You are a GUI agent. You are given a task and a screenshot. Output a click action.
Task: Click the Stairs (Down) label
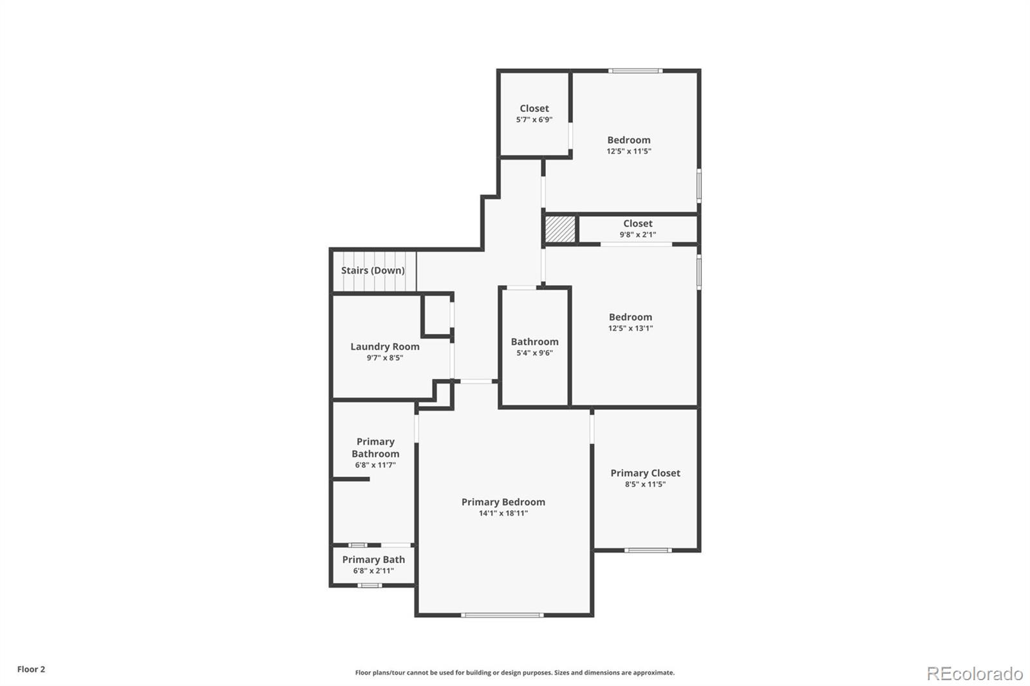click(373, 270)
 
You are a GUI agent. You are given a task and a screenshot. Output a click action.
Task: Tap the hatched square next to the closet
click(560, 229)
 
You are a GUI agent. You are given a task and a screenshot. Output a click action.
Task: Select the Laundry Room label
click(384, 346)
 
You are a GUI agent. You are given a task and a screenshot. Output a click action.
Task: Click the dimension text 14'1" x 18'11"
click(503, 514)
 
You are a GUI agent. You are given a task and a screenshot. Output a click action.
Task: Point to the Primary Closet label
click(645, 473)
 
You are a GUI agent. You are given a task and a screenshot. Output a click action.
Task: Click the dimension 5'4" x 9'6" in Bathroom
click(534, 353)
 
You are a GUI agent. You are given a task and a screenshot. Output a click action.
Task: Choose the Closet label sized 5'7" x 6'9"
click(534, 108)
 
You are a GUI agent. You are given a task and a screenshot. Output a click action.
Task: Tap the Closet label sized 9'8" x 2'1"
click(637, 223)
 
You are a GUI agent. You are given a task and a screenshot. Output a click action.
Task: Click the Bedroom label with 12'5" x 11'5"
click(628, 140)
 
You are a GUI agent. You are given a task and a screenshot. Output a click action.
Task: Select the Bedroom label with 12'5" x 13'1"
click(630, 317)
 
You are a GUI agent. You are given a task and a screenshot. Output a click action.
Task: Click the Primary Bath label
click(373, 559)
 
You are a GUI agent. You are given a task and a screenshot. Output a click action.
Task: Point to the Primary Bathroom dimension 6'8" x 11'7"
click(375, 465)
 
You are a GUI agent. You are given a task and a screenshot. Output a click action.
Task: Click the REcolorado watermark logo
click(975, 674)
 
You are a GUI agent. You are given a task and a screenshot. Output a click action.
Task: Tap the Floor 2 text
click(31, 669)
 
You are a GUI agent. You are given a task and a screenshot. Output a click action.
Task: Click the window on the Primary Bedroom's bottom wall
click(502, 615)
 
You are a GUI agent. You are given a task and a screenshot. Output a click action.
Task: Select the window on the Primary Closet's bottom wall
click(648, 550)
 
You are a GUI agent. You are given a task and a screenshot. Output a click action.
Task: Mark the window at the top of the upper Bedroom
click(635, 71)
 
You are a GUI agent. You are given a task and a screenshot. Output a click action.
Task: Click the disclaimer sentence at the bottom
click(515, 672)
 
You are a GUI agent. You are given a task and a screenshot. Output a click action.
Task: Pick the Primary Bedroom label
click(503, 502)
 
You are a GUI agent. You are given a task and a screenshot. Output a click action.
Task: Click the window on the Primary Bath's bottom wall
click(370, 585)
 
